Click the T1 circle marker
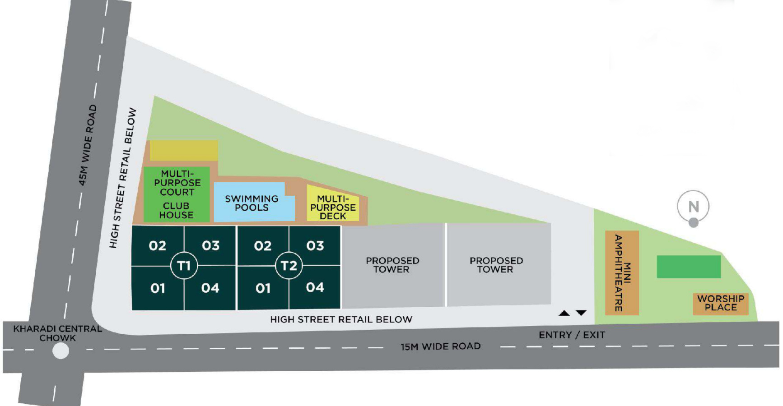(x=184, y=266)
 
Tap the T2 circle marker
(x=289, y=266)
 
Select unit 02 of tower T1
(x=158, y=246)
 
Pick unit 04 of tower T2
(x=315, y=287)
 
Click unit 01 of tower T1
(x=158, y=288)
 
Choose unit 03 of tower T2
(x=315, y=246)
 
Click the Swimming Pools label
(x=252, y=203)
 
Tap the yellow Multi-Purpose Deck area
(x=333, y=207)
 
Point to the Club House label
(x=176, y=210)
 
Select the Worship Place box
(x=720, y=303)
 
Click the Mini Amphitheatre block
(x=622, y=272)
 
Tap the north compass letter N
(x=693, y=207)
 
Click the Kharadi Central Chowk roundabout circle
(x=61, y=351)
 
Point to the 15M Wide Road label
(x=440, y=346)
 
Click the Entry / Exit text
(x=572, y=335)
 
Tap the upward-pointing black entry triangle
(x=564, y=313)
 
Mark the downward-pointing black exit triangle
(x=581, y=313)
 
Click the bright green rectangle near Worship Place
(x=688, y=267)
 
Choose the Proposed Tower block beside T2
(x=392, y=265)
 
